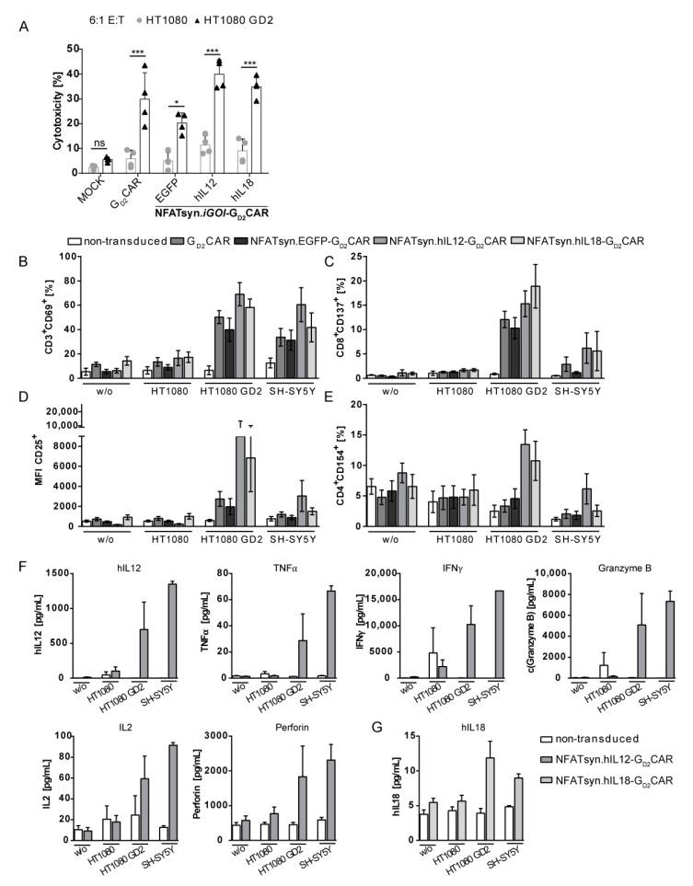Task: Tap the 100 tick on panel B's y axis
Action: coord(64,255)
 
